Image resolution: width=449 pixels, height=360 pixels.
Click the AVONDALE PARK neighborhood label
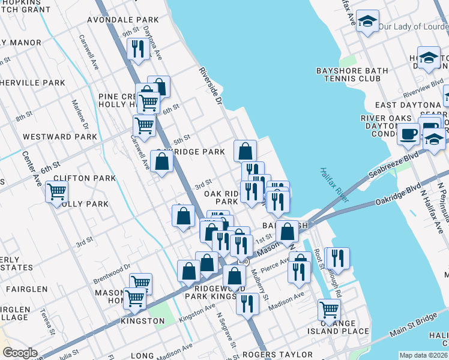click(x=122, y=20)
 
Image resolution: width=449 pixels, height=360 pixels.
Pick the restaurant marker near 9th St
click(x=139, y=49)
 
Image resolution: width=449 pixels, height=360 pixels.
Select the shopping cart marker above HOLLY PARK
click(x=56, y=192)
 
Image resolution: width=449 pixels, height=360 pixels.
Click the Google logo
click(x=20, y=352)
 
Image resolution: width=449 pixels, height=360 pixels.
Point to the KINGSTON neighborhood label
click(x=143, y=321)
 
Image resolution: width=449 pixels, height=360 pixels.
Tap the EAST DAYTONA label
click(x=416, y=106)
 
